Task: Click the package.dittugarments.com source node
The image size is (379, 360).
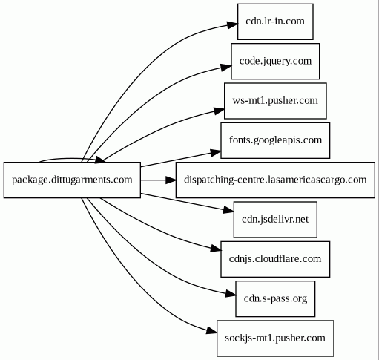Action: click(x=72, y=180)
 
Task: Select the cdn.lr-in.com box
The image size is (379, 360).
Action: click(x=275, y=22)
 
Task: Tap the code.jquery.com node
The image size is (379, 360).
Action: click(x=275, y=61)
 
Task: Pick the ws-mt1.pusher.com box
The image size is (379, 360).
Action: click(x=275, y=101)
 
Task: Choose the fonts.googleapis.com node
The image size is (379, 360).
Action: click(x=275, y=140)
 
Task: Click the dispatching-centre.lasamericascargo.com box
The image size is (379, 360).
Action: click(x=275, y=180)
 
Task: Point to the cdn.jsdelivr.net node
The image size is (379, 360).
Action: click(x=275, y=220)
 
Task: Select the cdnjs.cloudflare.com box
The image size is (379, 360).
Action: click(x=275, y=259)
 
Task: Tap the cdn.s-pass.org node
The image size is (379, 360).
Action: click(x=275, y=298)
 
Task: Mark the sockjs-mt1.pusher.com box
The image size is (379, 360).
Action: click(x=275, y=338)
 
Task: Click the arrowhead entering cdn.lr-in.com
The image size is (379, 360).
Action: click(x=233, y=24)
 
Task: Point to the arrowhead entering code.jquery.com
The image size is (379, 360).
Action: click(x=226, y=67)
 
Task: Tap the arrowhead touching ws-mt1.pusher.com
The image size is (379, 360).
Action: click(x=220, y=111)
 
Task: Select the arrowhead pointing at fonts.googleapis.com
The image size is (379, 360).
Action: click(x=216, y=152)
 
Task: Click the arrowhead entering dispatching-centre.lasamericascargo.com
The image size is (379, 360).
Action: click(x=171, y=180)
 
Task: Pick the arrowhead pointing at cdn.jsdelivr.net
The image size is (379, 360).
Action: click(x=228, y=211)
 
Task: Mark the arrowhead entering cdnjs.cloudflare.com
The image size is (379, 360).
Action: click(x=216, y=249)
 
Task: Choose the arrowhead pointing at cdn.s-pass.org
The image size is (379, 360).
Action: click(x=231, y=294)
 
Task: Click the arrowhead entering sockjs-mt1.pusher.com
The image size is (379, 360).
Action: click(x=212, y=331)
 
